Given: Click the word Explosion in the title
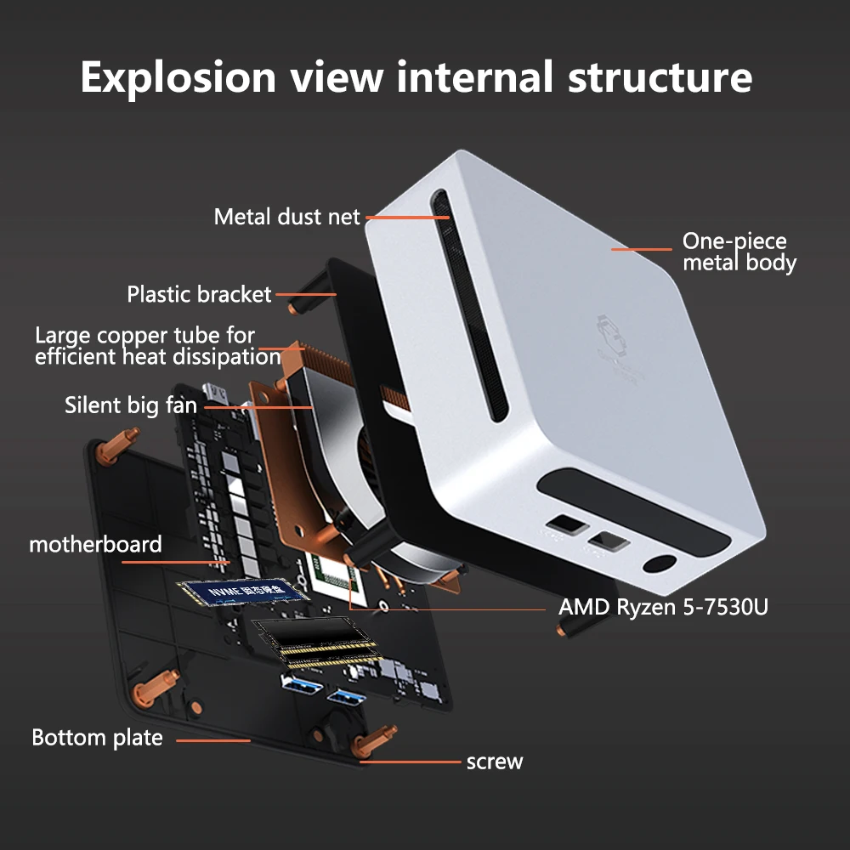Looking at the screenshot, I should tap(178, 77).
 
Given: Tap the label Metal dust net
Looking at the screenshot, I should tap(287, 217).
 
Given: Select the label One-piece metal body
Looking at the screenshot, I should tap(739, 252).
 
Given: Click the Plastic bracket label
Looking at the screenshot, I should tap(199, 295).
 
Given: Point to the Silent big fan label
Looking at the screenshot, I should tap(131, 405).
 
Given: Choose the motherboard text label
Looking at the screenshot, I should tap(95, 544).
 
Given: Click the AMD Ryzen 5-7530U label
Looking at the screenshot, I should tap(663, 608).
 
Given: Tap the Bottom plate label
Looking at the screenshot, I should tap(97, 737).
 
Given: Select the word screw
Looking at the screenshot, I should tap(495, 762).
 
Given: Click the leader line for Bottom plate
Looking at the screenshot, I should tap(213, 740).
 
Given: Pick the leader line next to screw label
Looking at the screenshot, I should tap(411, 762).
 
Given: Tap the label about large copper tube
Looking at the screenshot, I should tap(157, 346).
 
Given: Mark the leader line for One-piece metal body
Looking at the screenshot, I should tap(642, 249).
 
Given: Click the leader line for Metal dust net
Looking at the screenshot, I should tap(407, 217).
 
